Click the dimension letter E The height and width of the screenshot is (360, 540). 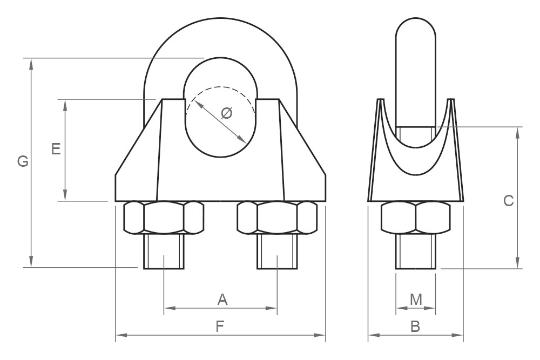(56, 149)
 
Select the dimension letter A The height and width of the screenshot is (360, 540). (222, 300)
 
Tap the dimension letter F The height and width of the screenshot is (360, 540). (220, 327)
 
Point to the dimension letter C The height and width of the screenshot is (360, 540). (508, 201)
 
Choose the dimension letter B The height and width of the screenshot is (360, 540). (415, 327)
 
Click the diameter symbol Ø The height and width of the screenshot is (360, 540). (227, 113)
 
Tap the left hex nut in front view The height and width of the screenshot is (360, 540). (164, 218)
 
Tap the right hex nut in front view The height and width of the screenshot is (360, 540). (277, 218)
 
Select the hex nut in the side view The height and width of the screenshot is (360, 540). (415, 218)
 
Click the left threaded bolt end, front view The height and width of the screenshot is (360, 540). (164, 252)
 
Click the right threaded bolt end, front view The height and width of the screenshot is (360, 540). (277, 252)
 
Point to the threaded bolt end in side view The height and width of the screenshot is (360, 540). (415, 252)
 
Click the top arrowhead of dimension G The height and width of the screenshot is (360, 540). (31, 62)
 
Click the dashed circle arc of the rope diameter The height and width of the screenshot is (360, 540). (219, 87)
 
